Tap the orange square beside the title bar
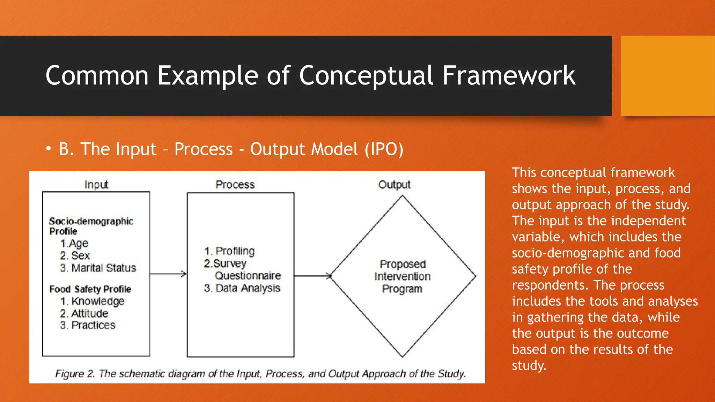tap(667, 76)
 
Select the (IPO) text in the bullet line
tap(384, 149)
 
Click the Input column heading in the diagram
tap(96, 185)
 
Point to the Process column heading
tap(235, 185)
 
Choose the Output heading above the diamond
tap(394, 185)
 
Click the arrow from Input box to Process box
tap(168, 274)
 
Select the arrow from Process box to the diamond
tap(312, 276)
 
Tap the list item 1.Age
tap(74, 243)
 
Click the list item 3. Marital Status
tap(98, 268)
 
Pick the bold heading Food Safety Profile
tap(90, 289)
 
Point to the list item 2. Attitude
tap(84, 313)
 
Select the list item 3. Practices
tap(87, 325)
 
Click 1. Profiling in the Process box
tap(229, 251)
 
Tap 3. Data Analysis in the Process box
tap(242, 288)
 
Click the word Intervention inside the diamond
tap(402, 276)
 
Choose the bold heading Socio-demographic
tap(91, 221)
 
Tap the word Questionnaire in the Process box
tap(248, 276)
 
